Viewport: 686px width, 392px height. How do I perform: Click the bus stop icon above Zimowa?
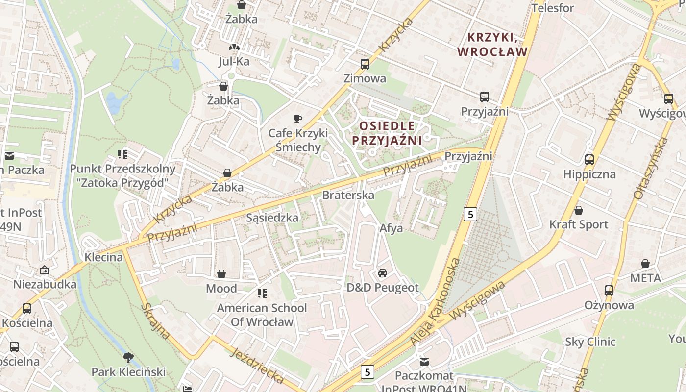tap(365, 64)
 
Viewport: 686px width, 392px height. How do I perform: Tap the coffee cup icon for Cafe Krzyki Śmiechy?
tap(297, 119)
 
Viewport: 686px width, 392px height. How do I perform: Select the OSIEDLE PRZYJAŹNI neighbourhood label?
tap(387, 133)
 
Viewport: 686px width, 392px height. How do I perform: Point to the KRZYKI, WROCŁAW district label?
tap(492, 45)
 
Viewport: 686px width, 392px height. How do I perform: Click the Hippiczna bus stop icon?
tap(589, 160)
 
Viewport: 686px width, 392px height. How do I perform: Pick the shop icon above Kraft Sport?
tap(578, 210)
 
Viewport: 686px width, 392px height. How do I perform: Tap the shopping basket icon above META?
tap(645, 264)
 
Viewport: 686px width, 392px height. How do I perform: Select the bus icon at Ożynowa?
tap(609, 291)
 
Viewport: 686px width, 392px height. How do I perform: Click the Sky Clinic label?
tap(590, 342)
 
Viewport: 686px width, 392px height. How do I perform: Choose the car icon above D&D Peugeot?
tap(382, 273)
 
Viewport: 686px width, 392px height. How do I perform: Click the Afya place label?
tap(391, 228)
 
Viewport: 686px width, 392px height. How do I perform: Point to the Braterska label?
tap(348, 195)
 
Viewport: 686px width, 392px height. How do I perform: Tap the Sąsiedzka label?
tap(272, 218)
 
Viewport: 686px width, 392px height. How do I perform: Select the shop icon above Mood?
tap(221, 273)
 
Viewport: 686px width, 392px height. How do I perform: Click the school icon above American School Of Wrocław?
tap(262, 294)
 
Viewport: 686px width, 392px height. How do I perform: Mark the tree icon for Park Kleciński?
tap(128, 357)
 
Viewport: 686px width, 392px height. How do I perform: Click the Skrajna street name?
tap(155, 321)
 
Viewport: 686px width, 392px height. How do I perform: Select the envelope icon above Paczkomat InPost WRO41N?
tap(424, 362)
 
